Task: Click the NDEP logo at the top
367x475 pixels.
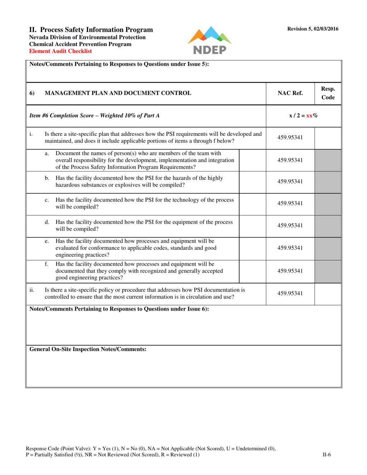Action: pos(210,41)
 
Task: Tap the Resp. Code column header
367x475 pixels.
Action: pos(328,93)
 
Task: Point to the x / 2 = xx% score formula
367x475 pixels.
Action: pos(304,115)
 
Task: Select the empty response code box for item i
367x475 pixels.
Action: pos(328,137)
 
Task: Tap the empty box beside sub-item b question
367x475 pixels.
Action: pos(253,182)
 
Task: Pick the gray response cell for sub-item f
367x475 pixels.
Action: pos(328,271)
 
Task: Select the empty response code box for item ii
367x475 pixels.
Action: pos(328,293)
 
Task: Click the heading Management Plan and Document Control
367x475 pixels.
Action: pos(118,93)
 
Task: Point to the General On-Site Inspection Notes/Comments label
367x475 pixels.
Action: pos(88,349)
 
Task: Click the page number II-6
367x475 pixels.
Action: pos(326,455)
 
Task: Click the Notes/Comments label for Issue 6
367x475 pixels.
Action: pos(119,309)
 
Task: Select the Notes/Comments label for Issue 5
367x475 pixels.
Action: pos(119,64)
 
